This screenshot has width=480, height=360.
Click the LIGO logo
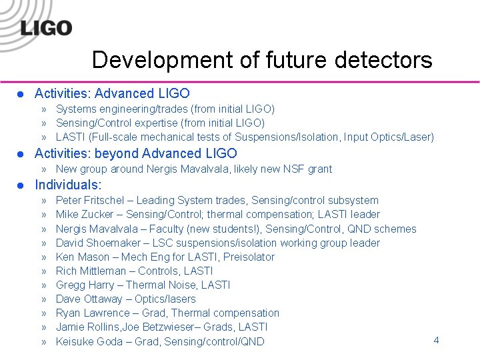point(45,27)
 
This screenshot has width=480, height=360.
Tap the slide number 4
point(436,340)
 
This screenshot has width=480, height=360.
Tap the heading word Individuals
point(68,185)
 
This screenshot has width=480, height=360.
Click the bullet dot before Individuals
point(20,185)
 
